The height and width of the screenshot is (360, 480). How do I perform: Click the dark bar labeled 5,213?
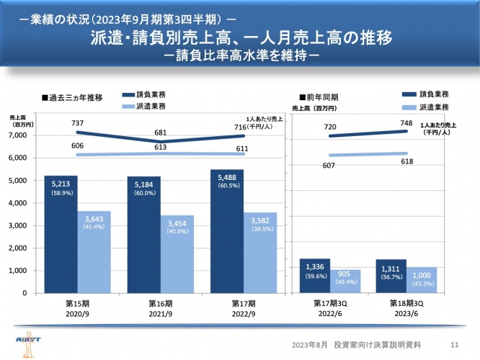click(61, 234)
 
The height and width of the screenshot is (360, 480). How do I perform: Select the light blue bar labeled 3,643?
click(94, 252)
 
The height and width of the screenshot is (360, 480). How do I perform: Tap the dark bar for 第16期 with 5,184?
click(144, 235)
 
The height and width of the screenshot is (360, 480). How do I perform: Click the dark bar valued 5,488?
click(228, 231)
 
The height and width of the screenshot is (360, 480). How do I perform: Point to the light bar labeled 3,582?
click(260, 253)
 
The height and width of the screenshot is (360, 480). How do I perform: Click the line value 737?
click(78, 124)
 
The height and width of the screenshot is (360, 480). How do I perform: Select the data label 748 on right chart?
click(407, 123)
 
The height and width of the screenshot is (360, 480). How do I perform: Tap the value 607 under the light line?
click(329, 166)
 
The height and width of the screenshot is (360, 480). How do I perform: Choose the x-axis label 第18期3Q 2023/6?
click(406, 309)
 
